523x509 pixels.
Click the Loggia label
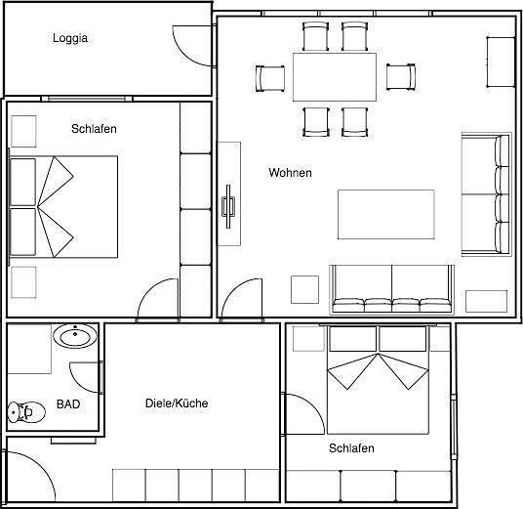tap(70, 38)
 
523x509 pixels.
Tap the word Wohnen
tap(290, 173)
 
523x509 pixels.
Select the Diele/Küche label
tap(177, 403)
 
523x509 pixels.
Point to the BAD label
tap(68, 404)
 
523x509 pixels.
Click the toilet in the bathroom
tap(26, 412)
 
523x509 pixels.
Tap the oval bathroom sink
tap(75, 336)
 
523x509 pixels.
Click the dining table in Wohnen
tap(335, 77)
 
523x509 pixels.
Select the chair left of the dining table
tap(270, 78)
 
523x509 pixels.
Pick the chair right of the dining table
tap(401, 77)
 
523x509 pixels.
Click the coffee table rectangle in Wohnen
tap(386, 214)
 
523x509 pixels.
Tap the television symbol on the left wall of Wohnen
tap(228, 206)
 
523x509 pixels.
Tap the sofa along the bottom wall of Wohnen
tap(391, 289)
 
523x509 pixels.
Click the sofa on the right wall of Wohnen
tap(487, 194)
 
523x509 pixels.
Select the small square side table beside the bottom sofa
tap(304, 289)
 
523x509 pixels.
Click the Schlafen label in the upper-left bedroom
tap(94, 129)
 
